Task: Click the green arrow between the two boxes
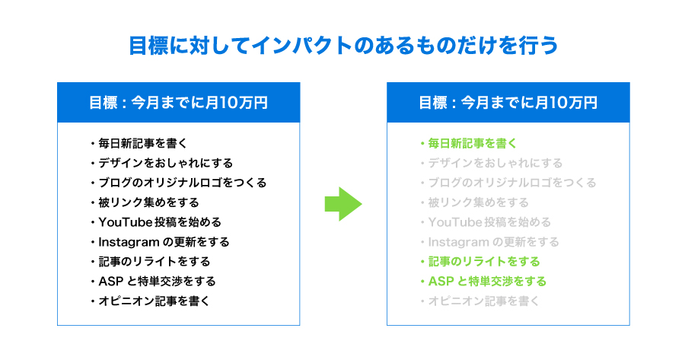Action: click(x=343, y=204)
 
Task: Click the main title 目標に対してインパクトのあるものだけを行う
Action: click(x=343, y=46)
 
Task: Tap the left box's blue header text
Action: click(x=178, y=103)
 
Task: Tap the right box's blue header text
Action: click(x=508, y=103)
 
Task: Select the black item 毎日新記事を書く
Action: click(x=142, y=143)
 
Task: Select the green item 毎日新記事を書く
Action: click(x=472, y=143)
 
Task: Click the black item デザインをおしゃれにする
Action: click(x=166, y=163)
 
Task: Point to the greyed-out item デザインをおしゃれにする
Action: click(x=495, y=163)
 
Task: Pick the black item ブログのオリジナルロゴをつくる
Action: click(x=182, y=183)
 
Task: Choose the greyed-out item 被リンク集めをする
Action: click(x=479, y=202)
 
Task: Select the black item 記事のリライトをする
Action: click(x=155, y=262)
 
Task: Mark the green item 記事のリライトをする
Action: click(x=484, y=262)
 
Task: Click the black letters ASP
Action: click(x=110, y=282)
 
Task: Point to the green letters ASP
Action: click(x=441, y=282)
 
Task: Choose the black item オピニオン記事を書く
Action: click(x=154, y=301)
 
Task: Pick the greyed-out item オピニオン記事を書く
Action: click(x=483, y=301)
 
